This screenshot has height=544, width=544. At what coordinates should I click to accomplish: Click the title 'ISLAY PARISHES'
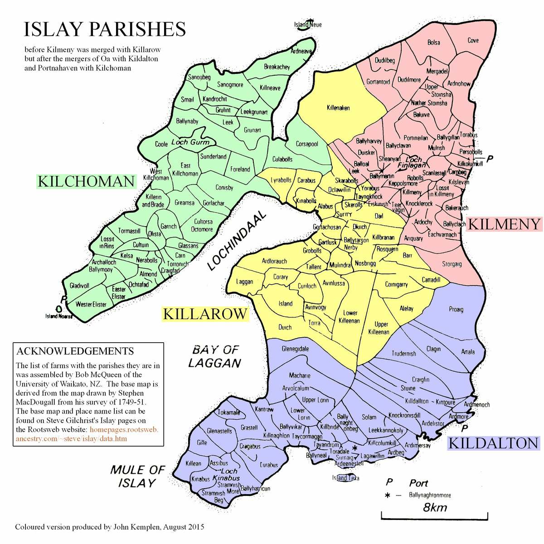[104, 29]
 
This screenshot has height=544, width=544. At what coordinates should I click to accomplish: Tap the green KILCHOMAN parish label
[86, 181]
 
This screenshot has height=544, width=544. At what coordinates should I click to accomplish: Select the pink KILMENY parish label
[504, 224]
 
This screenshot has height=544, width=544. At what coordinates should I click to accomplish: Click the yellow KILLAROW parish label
[205, 314]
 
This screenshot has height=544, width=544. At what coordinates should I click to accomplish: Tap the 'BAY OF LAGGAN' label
[215, 356]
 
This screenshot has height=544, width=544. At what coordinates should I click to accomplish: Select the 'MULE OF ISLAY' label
[137, 476]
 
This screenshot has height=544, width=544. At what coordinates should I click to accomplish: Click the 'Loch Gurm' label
[190, 142]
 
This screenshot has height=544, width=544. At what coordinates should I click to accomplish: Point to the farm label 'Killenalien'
[338, 108]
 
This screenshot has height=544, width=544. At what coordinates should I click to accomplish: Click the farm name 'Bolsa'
[433, 43]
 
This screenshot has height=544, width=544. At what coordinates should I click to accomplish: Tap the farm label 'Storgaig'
[452, 264]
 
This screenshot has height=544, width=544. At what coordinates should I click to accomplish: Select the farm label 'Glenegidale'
[295, 349]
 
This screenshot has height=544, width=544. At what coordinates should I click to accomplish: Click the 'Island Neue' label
[308, 24]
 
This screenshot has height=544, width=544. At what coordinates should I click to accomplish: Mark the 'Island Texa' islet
[345, 478]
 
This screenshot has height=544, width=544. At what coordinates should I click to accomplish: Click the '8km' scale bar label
[435, 507]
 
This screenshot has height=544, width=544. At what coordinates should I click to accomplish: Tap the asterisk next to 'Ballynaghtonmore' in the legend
[387, 495]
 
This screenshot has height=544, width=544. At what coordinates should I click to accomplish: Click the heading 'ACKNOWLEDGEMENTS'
[75, 351]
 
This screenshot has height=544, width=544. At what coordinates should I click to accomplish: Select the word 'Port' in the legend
[418, 483]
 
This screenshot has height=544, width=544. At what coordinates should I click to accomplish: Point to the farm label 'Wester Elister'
[91, 304]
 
